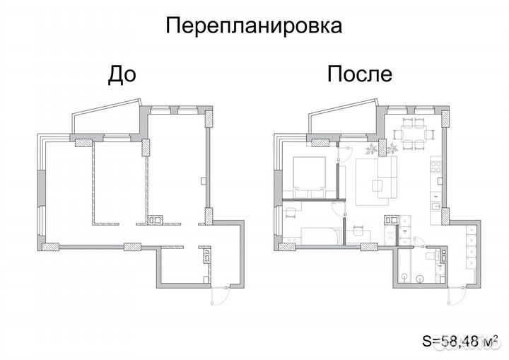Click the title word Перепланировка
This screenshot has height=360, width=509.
254,26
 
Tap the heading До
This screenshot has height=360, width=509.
121,74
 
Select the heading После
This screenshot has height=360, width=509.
359,74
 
